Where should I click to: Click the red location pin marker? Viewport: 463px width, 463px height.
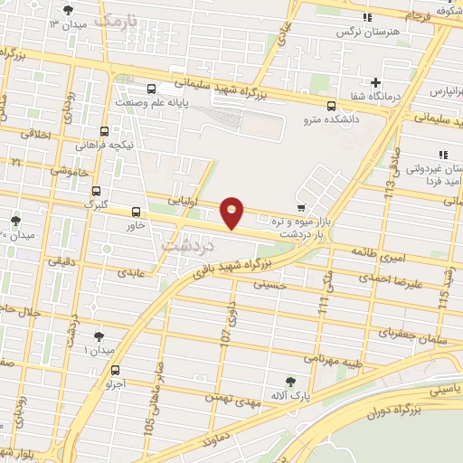pos(232,212)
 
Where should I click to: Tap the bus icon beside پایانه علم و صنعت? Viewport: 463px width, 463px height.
pos(150,89)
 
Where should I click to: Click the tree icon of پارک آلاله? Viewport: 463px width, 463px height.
pos(289,382)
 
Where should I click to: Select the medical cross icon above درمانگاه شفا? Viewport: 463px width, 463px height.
pos(375,83)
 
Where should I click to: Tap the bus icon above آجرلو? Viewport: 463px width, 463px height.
pos(115,369)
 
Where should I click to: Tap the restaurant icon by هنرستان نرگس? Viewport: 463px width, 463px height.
pos(367,17)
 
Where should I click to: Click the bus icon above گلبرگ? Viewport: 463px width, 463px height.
pos(96,191)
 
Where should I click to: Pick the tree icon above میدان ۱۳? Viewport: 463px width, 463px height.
pos(70,10)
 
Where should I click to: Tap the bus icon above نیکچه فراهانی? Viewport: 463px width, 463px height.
pos(105,131)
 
